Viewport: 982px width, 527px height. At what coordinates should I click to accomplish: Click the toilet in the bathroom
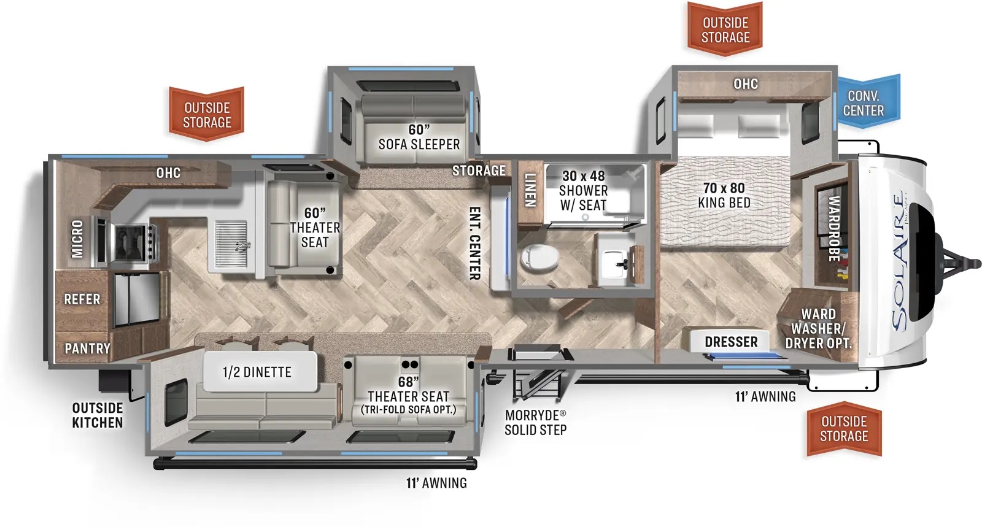coord(539,256)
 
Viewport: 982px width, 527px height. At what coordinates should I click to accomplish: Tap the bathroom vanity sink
coord(617,264)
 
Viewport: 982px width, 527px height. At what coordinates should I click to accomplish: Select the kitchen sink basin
coord(231,244)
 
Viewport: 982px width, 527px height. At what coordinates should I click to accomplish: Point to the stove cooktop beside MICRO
coord(131,242)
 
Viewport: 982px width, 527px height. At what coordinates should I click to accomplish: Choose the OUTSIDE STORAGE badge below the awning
coord(844,429)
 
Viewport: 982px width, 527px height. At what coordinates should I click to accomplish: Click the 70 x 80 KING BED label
coord(724,195)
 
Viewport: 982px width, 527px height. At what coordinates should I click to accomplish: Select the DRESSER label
coord(731,342)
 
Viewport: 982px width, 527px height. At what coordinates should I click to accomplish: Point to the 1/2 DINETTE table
coord(260,372)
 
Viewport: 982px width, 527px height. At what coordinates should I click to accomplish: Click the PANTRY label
coord(87,348)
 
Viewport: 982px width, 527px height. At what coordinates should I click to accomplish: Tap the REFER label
coord(82,299)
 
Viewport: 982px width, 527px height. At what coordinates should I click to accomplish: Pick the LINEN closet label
coord(530,190)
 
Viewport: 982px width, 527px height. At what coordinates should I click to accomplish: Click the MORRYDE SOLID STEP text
coord(535,423)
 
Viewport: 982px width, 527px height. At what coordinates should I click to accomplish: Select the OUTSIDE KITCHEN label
coord(98,415)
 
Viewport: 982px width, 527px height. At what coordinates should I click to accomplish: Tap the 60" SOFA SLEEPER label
coord(419,137)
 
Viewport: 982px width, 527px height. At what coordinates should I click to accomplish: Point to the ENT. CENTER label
coord(475,243)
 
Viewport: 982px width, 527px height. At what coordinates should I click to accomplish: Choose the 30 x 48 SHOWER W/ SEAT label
coord(584,191)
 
